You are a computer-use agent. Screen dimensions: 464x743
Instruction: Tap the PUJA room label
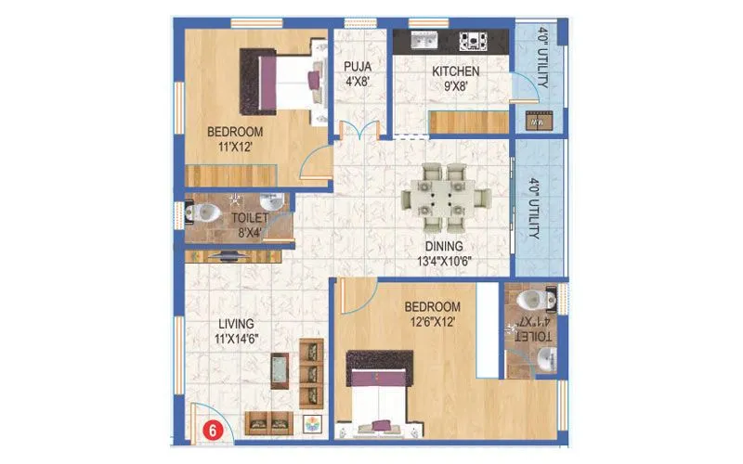coord(357,73)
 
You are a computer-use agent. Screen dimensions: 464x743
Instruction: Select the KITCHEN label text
coord(455,71)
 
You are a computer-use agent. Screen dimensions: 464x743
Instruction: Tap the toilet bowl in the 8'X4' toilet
coord(209,213)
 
